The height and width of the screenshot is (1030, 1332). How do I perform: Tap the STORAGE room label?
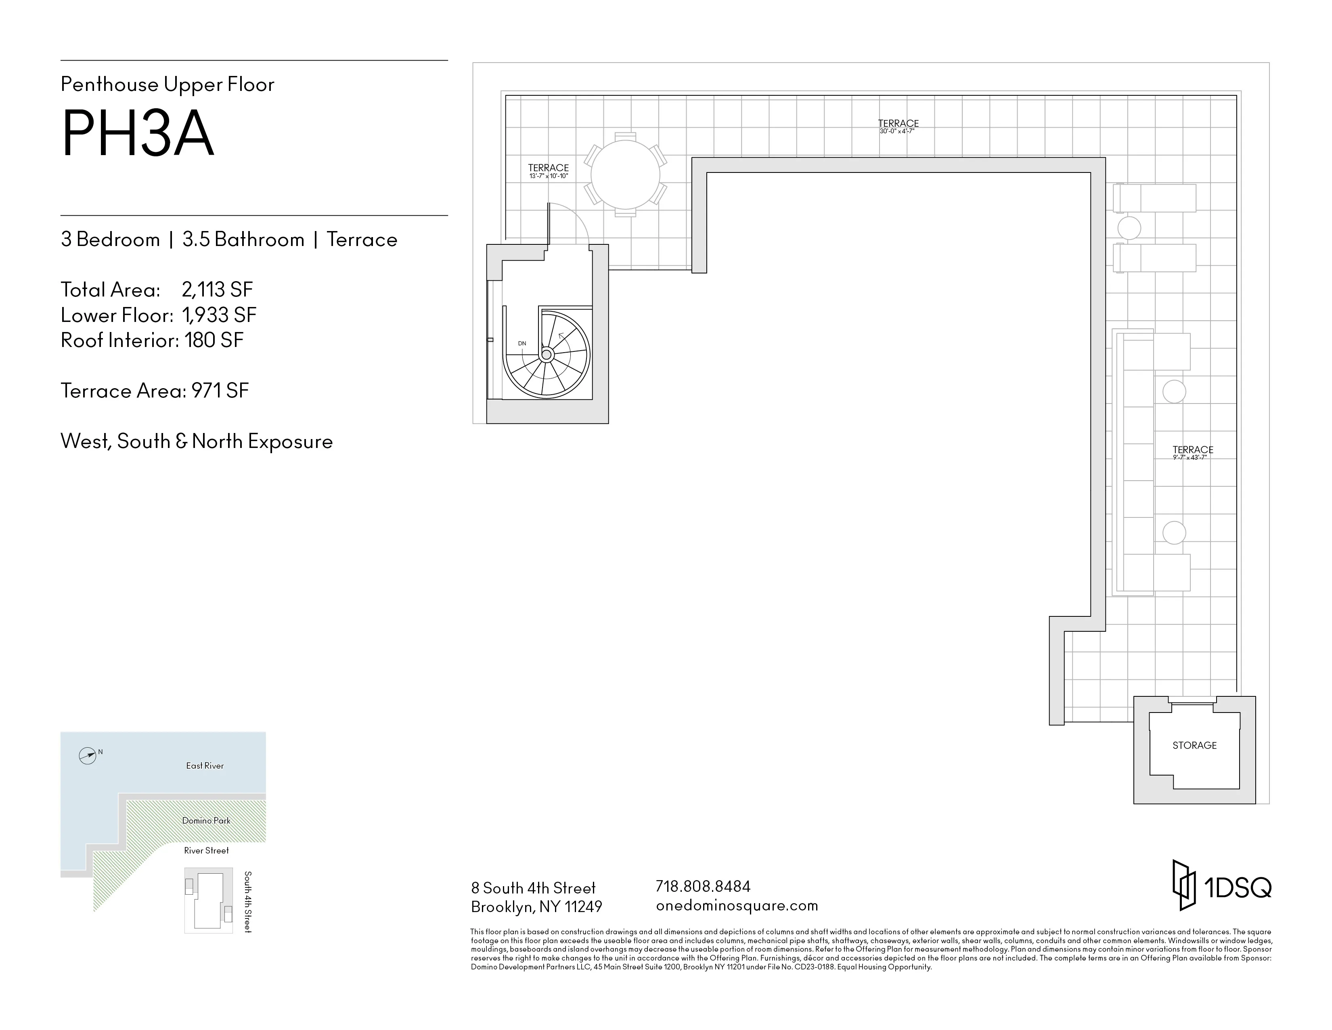(x=1194, y=746)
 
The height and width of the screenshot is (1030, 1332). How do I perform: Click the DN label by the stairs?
(x=522, y=344)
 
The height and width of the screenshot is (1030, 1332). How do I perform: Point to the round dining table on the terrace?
(x=625, y=174)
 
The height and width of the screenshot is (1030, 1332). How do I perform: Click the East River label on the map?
(x=205, y=766)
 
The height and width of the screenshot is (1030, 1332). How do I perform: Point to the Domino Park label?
(x=206, y=821)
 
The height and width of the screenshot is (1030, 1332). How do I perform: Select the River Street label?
(x=206, y=851)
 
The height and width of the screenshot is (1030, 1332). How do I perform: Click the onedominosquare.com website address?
(x=737, y=906)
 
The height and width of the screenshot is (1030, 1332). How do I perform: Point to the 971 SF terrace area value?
(x=220, y=391)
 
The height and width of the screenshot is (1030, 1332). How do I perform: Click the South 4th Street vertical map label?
(x=247, y=902)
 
